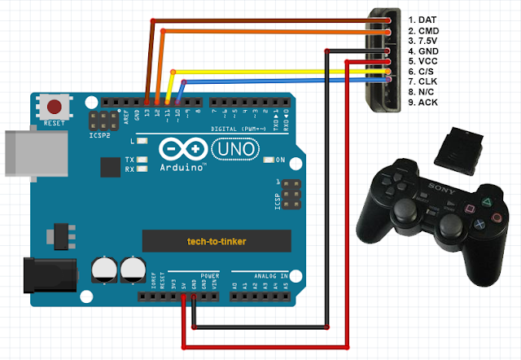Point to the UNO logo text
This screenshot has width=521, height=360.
point(235,150)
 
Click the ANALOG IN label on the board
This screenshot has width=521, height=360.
point(255,275)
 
